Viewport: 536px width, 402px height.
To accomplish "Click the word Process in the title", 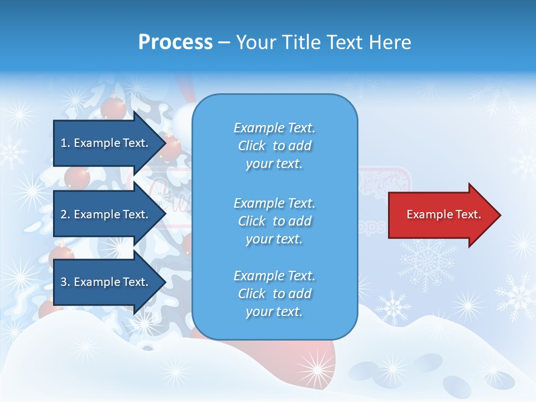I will click(175, 42).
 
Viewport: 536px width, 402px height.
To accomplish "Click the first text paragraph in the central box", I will click(274, 146).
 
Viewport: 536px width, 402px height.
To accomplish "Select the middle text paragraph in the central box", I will click(274, 221).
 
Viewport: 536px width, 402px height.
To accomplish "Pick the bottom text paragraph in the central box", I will click(274, 294).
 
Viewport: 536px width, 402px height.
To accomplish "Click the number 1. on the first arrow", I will click(65, 143).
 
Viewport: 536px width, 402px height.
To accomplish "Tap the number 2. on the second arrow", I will click(65, 214).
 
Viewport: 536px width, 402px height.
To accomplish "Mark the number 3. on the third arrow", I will click(65, 282).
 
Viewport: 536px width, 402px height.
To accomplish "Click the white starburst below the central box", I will click(318, 368).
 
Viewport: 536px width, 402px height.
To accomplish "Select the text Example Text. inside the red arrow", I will click(443, 214).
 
